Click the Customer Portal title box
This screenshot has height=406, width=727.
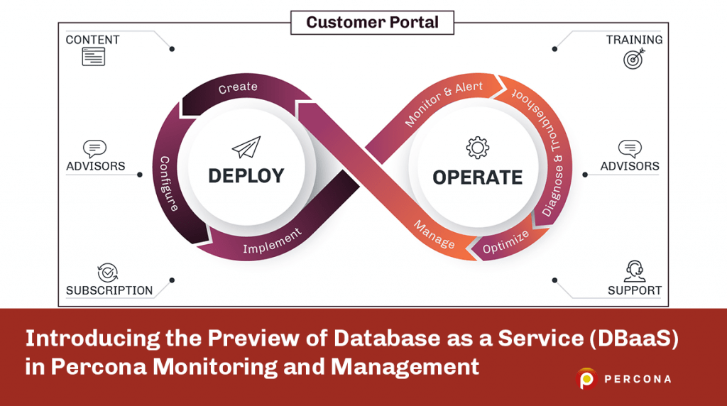(372, 22)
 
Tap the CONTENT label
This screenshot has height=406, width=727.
(92, 40)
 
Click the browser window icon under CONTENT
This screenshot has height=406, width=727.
(93, 57)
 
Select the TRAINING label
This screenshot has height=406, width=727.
(634, 40)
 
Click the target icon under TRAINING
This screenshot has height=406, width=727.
(635, 58)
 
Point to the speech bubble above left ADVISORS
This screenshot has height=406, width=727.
(94, 148)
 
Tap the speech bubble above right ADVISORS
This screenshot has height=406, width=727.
(630, 148)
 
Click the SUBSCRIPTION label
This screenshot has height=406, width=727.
(109, 290)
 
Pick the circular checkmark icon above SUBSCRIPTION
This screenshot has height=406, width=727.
(108, 272)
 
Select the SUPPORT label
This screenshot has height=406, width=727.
(635, 290)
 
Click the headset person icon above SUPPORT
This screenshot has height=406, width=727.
(635, 270)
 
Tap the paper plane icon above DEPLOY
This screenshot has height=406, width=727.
(246, 147)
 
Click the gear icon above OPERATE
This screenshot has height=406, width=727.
(478, 147)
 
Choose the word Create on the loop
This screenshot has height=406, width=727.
(238, 88)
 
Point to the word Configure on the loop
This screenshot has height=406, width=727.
(169, 184)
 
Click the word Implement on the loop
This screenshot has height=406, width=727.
(272, 241)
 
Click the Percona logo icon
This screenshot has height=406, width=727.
(587, 379)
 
